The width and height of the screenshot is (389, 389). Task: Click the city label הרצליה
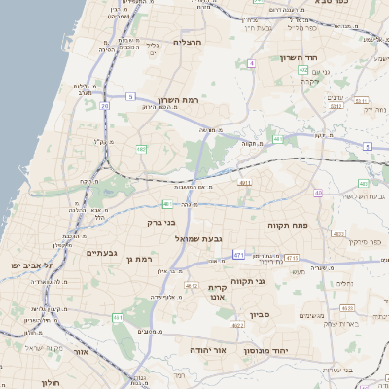pyautogui.click(x=187, y=42)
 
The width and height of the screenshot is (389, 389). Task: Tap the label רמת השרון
pyautogui.click(x=178, y=101)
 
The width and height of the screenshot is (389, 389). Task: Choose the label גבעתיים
pyautogui.click(x=101, y=253)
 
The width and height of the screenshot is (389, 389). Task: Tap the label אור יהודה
pyautogui.click(x=205, y=348)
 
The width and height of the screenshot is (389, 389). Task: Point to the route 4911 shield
pyautogui.click(x=245, y=182)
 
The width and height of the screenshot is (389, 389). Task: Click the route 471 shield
pyautogui.click(x=238, y=255)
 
